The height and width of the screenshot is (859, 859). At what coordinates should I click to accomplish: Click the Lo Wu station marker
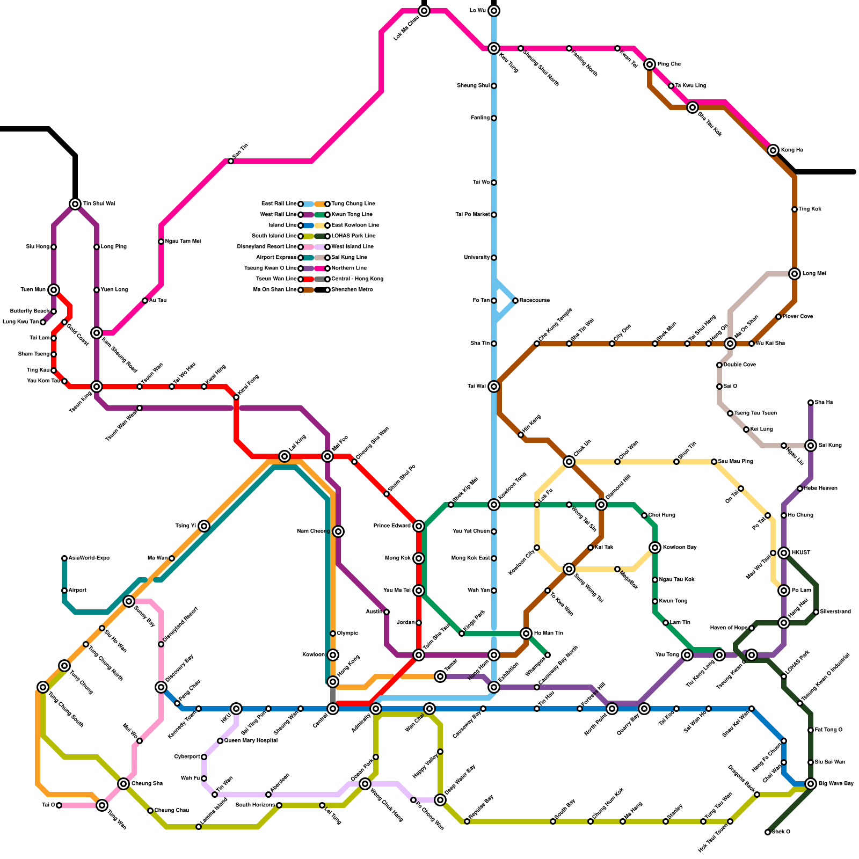tap(494, 11)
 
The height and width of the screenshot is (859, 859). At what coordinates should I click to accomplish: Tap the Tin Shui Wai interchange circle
tap(75, 204)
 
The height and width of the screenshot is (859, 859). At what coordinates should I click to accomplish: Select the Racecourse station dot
tap(515, 301)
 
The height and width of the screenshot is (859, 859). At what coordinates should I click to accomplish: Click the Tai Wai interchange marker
tap(494, 387)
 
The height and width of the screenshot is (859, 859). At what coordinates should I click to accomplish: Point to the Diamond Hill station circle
tap(601, 505)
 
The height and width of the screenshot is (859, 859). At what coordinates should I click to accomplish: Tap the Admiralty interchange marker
tap(376, 709)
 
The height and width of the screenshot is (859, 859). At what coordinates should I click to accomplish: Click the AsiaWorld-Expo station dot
tap(64, 558)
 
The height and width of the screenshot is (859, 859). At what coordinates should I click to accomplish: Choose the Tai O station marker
tap(59, 805)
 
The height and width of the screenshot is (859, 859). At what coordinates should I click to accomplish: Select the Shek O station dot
tap(768, 832)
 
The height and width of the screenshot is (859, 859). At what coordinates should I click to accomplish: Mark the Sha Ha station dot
tap(811, 403)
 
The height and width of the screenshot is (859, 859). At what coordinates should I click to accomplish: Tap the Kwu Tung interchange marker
tap(494, 48)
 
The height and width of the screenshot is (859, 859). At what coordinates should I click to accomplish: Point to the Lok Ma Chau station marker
tap(424, 11)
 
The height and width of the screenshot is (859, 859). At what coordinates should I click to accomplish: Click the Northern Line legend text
tap(349, 268)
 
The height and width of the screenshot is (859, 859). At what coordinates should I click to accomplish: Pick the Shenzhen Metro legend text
tap(352, 290)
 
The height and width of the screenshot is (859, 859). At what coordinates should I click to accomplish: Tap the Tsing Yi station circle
tap(204, 526)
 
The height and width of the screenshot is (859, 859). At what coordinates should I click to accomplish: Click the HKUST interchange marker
tap(784, 553)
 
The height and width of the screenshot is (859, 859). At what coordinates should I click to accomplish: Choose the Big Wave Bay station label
tap(836, 784)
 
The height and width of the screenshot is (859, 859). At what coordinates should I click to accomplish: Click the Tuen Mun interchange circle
tap(54, 290)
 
